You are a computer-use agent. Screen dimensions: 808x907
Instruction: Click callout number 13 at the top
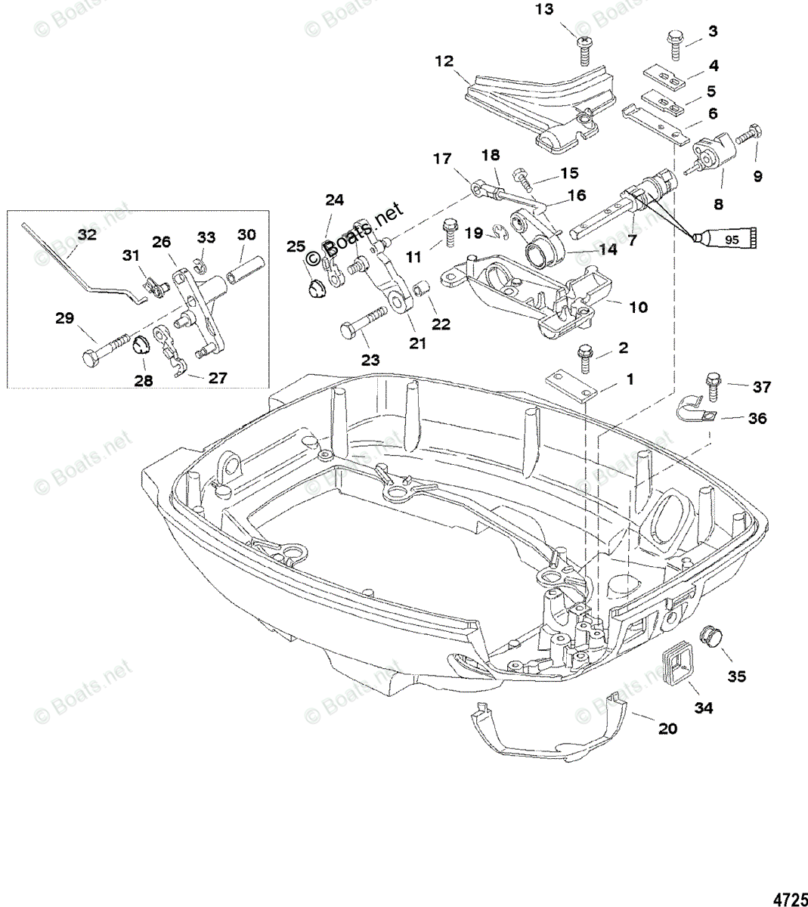coord(544,9)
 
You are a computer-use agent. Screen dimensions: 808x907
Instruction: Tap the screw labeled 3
coord(675,45)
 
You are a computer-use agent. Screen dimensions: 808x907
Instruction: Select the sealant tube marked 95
coord(724,240)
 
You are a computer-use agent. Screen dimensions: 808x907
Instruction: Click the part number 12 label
coord(444,61)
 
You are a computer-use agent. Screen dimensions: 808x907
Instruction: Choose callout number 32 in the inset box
coord(87,234)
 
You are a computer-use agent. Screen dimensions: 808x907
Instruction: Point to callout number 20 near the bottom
coord(667,729)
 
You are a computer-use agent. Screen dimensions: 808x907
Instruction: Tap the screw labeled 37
coord(713,387)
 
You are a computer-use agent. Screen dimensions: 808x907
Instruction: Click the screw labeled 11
coord(448,232)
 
